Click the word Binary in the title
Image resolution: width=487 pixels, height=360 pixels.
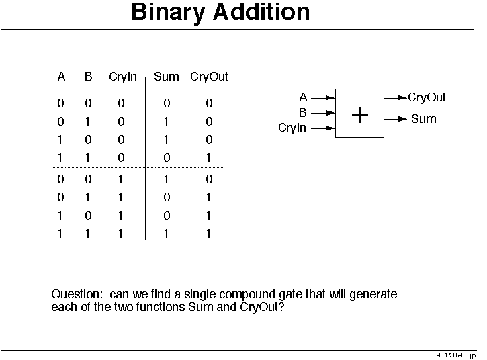168,13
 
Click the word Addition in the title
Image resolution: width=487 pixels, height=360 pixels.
261,12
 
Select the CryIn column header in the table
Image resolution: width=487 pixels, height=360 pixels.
123,77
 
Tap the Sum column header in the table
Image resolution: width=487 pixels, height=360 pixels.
167,77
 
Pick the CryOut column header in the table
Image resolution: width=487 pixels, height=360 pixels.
209,77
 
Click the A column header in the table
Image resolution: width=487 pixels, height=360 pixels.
61,77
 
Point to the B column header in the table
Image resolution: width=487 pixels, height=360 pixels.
89,77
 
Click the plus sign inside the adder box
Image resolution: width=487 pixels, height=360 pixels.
360,115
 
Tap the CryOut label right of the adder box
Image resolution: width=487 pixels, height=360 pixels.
427,97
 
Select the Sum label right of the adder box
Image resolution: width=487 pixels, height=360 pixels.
424,119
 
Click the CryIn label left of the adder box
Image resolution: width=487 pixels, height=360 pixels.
292,128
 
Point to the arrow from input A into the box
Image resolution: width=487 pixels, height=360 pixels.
323,98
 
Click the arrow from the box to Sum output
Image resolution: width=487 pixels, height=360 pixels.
396,119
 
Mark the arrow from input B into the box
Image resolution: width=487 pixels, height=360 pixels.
323,113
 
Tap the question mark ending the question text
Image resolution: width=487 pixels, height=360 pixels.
281,307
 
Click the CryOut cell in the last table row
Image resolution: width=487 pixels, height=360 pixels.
208,234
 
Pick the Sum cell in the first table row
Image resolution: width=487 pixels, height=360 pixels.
167,103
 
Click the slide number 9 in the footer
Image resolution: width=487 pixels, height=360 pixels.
438,355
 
